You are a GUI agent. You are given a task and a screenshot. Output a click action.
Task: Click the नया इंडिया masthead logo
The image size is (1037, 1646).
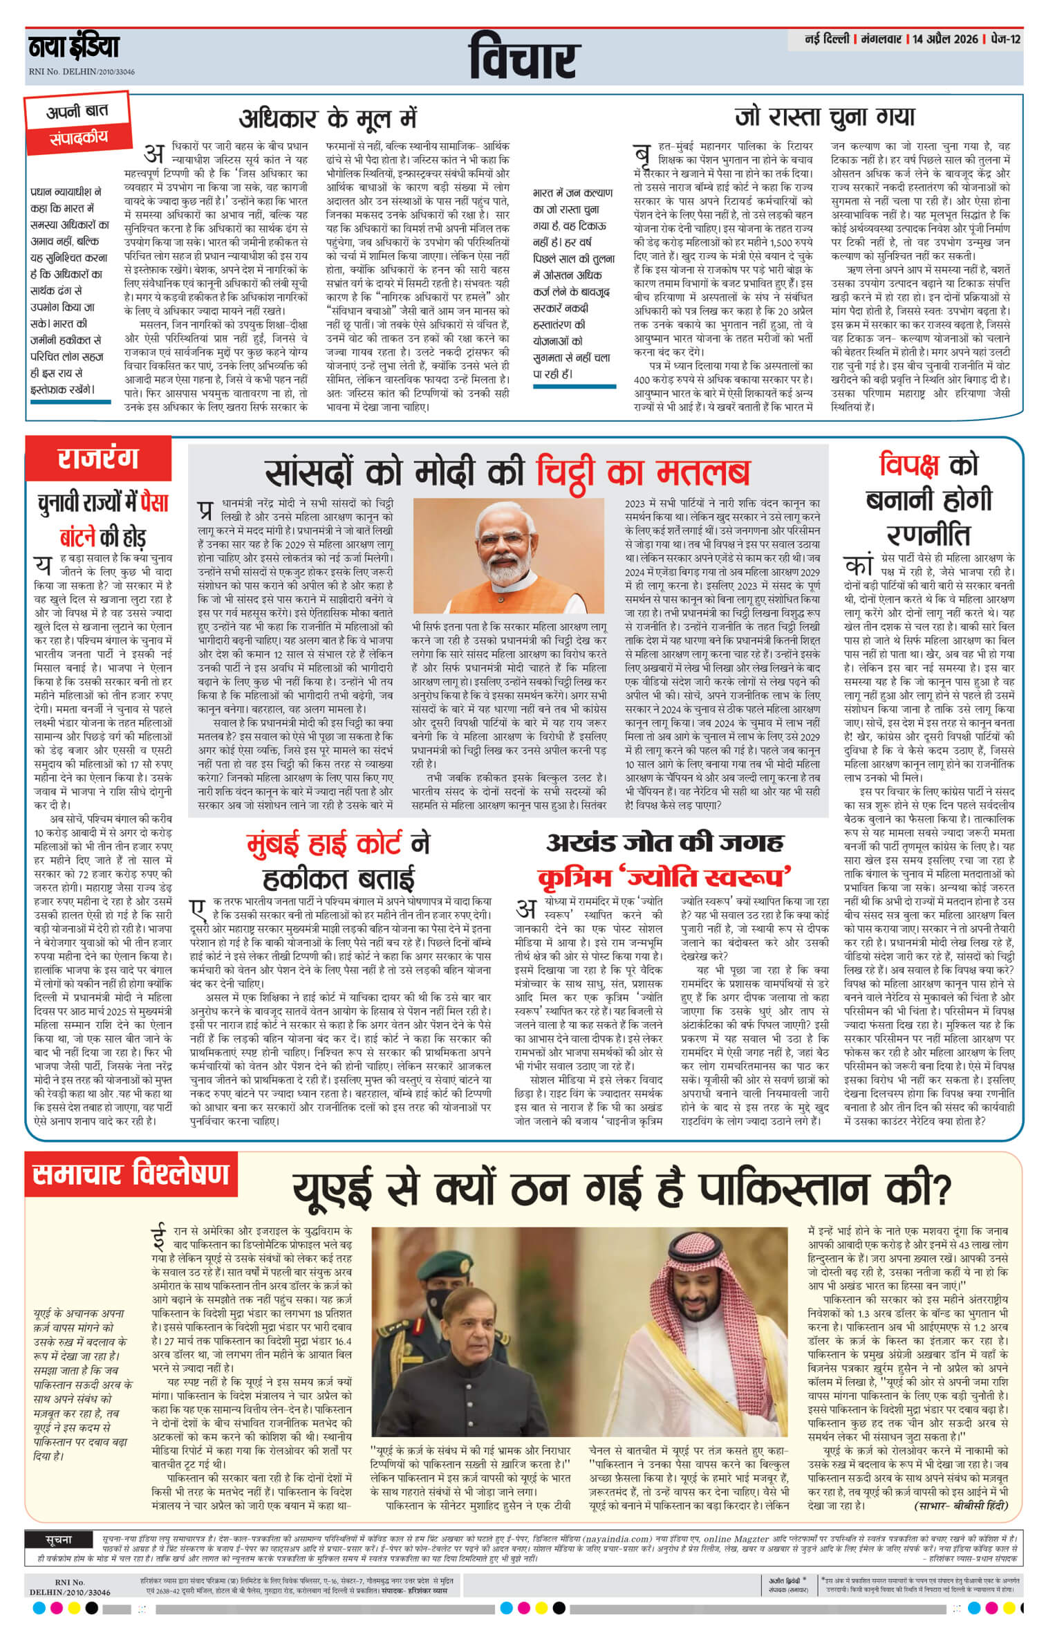point(74,48)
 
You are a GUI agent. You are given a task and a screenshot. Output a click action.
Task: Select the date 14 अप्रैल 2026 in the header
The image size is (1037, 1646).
point(944,39)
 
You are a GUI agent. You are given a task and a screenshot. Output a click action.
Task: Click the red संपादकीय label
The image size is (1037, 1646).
point(78,138)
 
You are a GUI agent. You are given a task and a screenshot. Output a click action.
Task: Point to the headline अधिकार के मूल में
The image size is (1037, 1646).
point(328,119)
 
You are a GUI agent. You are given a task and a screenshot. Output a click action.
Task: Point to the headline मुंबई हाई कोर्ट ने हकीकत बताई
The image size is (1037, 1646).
point(339,860)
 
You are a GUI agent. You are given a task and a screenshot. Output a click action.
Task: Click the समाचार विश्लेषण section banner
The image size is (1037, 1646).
point(130,1175)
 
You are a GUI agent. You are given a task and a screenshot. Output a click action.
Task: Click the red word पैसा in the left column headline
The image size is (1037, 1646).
point(153,503)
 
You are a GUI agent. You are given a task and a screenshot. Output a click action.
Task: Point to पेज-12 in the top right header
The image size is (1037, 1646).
point(1004,39)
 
